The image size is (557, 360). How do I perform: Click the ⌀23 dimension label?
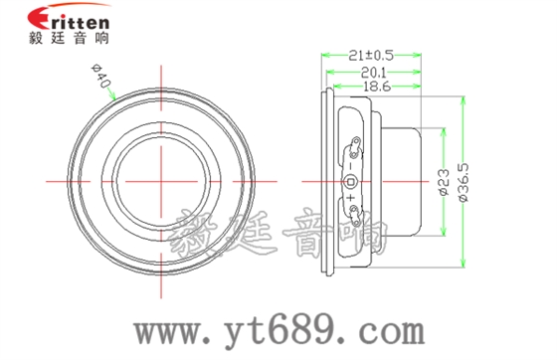click(444, 181)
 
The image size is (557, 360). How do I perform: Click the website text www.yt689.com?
click(299, 329)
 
